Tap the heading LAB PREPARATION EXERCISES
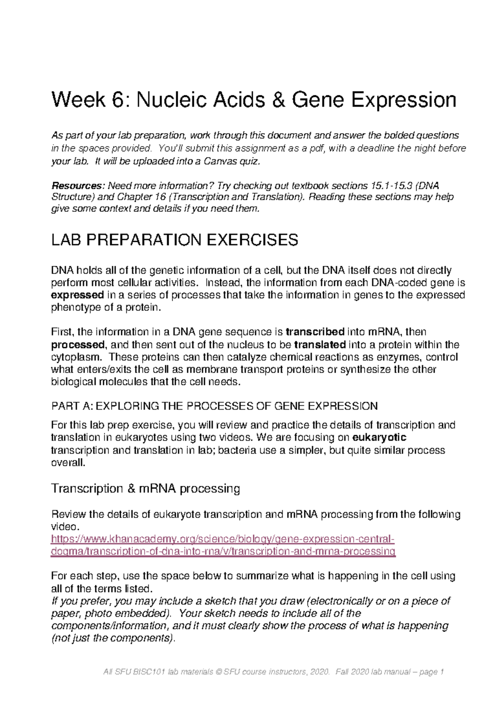point(174,240)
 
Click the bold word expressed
point(77,295)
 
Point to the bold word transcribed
point(315,332)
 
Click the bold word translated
point(320,345)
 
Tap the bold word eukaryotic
point(379,438)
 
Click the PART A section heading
point(214,406)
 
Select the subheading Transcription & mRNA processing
point(145,489)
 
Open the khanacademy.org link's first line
point(223,539)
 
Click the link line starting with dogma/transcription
point(223,551)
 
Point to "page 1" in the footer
point(431,672)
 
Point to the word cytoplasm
point(75,357)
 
